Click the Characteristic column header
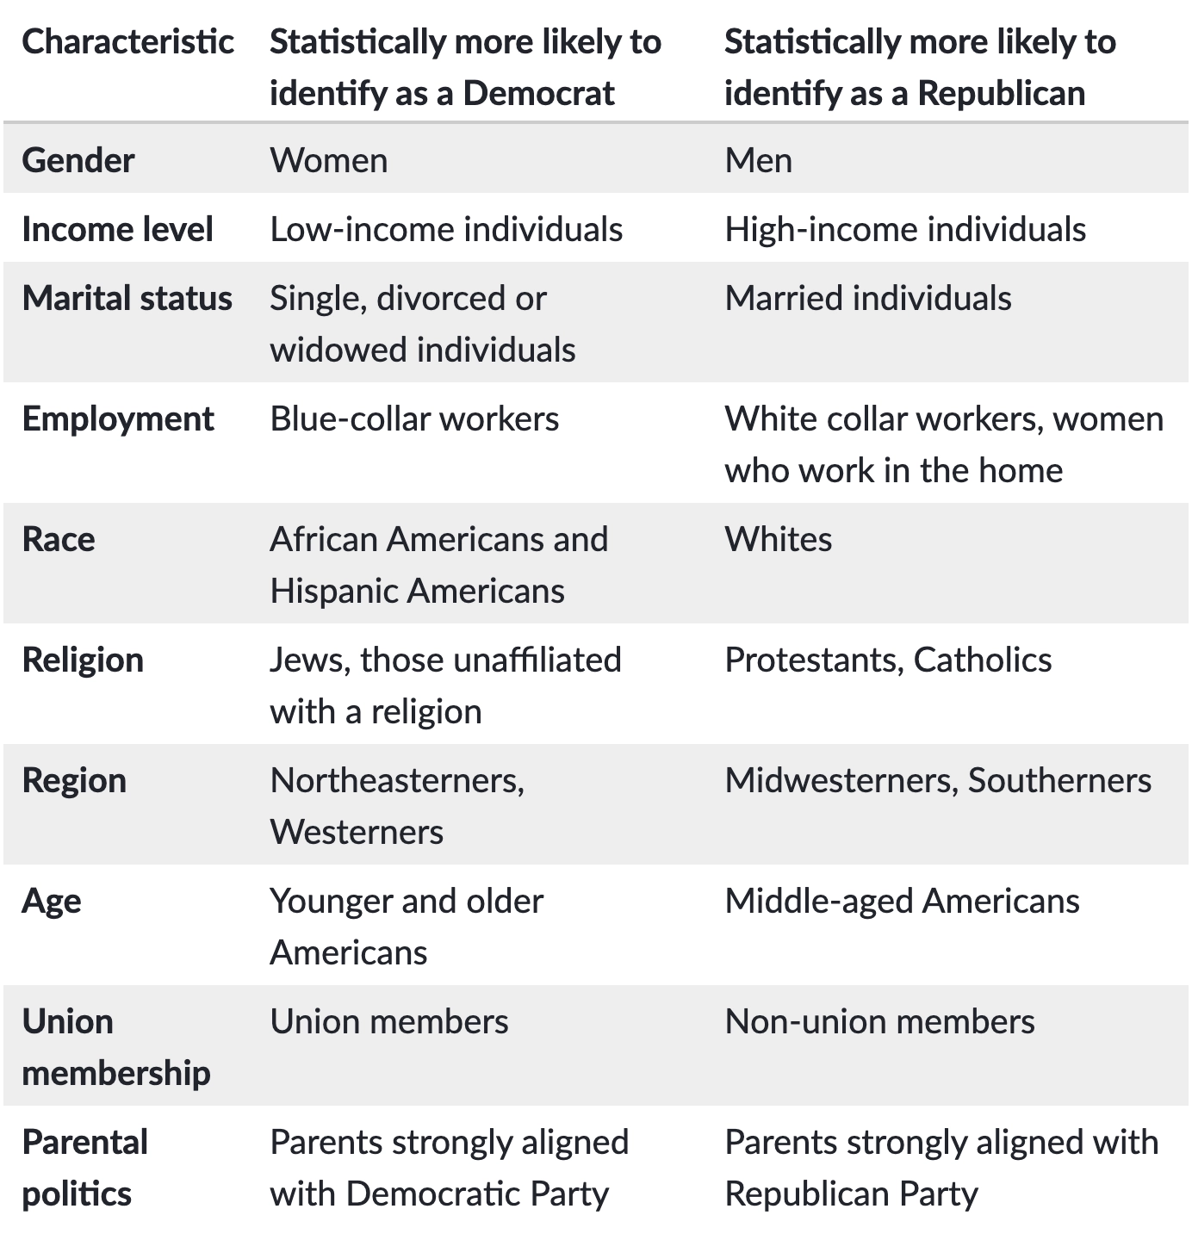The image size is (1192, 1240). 127,41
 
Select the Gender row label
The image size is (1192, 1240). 78,160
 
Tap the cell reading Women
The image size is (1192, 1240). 328,160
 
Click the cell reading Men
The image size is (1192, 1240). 758,160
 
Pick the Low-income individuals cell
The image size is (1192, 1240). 446,229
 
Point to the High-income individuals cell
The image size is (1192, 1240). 905,229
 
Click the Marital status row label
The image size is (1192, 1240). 127,298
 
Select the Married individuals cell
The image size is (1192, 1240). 868,298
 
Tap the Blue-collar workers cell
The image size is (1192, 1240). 414,418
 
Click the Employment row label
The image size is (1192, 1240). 118,418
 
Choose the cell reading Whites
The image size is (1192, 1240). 779,539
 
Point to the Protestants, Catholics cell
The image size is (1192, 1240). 888,660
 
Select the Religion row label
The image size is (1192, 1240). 83,660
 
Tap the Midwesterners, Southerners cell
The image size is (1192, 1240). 938,780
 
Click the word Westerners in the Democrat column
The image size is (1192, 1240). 357,832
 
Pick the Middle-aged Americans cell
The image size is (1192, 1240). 902,901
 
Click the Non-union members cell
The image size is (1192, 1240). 879,1021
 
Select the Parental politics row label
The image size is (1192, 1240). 84,1168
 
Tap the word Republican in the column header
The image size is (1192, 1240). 1001,93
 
